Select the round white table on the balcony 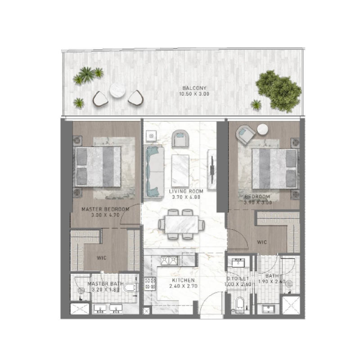click(x=117, y=90)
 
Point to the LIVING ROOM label click(x=186, y=191)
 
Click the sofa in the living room click(x=153, y=171)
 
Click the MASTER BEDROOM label click(x=105, y=209)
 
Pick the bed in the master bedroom click(x=98, y=166)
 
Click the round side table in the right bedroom click(x=262, y=130)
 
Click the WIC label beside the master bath click(x=101, y=258)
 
